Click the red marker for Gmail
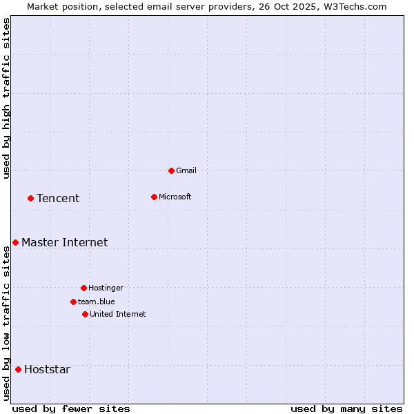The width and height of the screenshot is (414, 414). pos(171,170)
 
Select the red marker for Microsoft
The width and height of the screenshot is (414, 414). pos(154,197)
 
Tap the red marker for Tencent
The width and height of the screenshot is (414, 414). pos(30,198)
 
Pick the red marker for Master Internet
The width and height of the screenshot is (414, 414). pos(15,242)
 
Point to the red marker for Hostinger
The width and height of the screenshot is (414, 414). pos(83,288)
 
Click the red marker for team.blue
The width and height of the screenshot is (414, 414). pos(73,302)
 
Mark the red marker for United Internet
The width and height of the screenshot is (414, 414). pos(85,314)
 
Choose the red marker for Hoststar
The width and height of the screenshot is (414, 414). pos(18,369)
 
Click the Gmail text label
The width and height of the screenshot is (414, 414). pos(186,170)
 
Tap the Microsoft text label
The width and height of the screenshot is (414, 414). pos(175,197)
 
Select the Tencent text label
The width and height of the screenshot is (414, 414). pos(58,199)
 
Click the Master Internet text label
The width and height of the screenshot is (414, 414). pos(64,242)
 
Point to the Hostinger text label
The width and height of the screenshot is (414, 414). pos(106,288)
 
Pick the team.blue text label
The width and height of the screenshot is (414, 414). pos(96,302)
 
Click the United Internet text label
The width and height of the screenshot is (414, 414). pos(117,314)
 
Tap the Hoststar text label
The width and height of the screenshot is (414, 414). pos(47,370)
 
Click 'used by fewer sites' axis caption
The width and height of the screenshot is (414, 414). pos(71,408)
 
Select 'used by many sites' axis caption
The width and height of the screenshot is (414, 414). pos(346,408)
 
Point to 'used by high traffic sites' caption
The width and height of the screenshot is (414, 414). pos(7,98)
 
